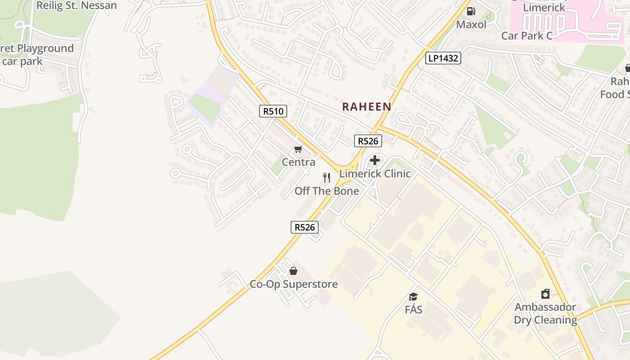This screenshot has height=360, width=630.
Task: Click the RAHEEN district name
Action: (x=366, y=107)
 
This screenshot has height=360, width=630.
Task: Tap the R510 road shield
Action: (x=273, y=111)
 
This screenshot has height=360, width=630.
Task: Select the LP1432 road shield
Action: (x=443, y=58)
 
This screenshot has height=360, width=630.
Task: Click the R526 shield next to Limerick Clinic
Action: (x=368, y=141)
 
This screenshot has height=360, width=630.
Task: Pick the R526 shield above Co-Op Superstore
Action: (x=305, y=227)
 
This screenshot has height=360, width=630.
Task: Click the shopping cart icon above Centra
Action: (x=298, y=149)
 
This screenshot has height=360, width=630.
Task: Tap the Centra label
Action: (x=298, y=162)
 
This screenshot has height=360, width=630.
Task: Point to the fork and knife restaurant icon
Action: (x=327, y=178)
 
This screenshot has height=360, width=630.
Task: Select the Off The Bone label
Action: (x=327, y=191)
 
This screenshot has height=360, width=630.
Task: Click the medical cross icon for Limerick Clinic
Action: (x=374, y=160)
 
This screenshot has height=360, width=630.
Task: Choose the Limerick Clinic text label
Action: (x=375, y=174)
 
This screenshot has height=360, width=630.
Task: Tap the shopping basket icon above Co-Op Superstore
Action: (x=293, y=271)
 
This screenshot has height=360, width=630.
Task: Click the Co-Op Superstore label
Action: (x=294, y=284)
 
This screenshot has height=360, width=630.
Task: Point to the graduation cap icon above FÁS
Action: (x=413, y=297)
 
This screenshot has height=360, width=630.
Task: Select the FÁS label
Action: (x=414, y=310)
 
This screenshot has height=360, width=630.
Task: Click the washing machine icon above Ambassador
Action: (x=545, y=294)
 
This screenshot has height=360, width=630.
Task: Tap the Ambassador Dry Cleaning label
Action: (x=545, y=314)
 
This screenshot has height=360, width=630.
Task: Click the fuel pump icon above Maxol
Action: (x=471, y=11)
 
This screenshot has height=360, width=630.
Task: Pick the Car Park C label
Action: (x=526, y=36)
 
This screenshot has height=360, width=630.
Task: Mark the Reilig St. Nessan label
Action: (x=76, y=6)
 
